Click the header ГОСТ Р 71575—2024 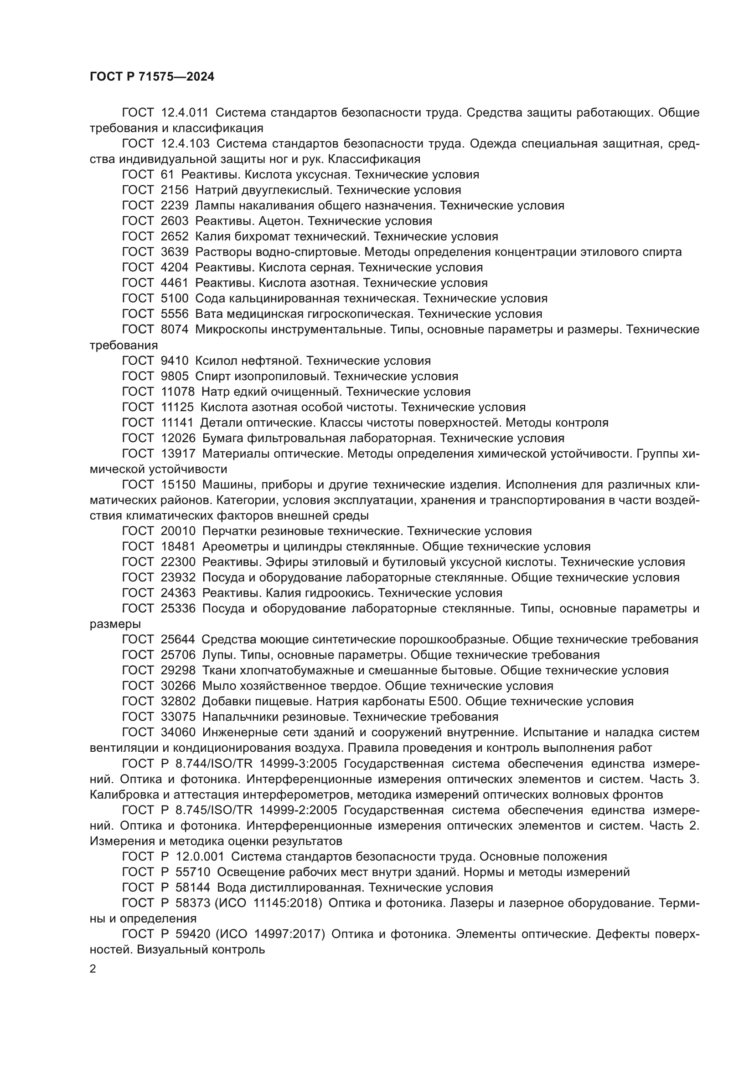(x=152, y=77)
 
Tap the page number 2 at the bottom (x=93, y=969)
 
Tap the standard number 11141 (x=177, y=423)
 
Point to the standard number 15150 (x=178, y=485)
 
